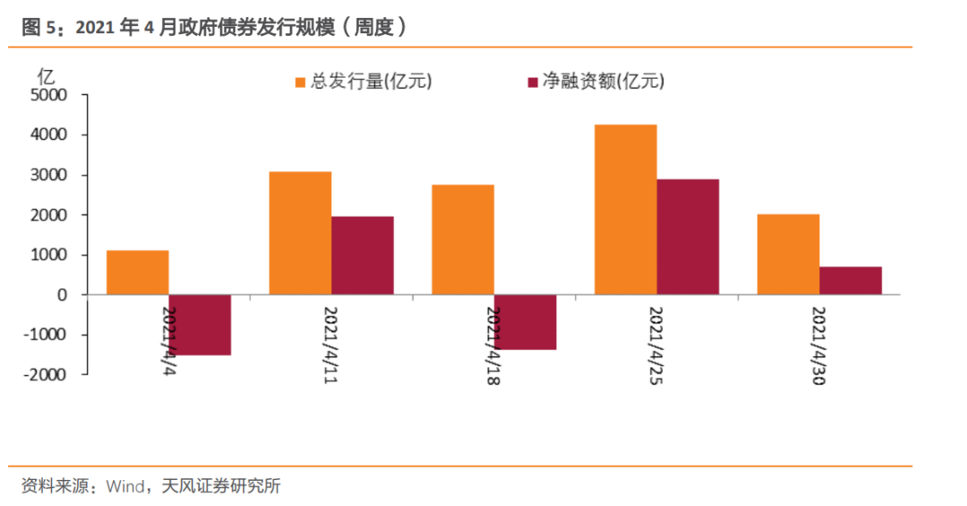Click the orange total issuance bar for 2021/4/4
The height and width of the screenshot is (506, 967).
[138, 272]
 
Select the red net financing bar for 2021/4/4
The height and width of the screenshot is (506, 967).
[201, 325]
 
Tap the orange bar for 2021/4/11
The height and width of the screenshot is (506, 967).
[301, 233]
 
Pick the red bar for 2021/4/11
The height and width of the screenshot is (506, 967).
[363, 255]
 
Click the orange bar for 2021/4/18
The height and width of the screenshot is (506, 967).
[463, 239]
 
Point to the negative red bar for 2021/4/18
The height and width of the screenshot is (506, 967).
[526, 322]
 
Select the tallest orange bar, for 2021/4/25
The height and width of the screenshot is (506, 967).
[626, 210]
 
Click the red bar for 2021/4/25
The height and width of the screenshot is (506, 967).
[688, 236]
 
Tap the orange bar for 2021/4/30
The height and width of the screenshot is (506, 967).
[788, 254]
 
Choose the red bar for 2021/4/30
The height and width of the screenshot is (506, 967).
[851, 280]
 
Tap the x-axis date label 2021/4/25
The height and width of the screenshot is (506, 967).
[656, 345]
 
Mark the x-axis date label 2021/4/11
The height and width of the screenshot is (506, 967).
[330, 345]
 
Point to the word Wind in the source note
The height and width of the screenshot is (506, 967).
[125, 487]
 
